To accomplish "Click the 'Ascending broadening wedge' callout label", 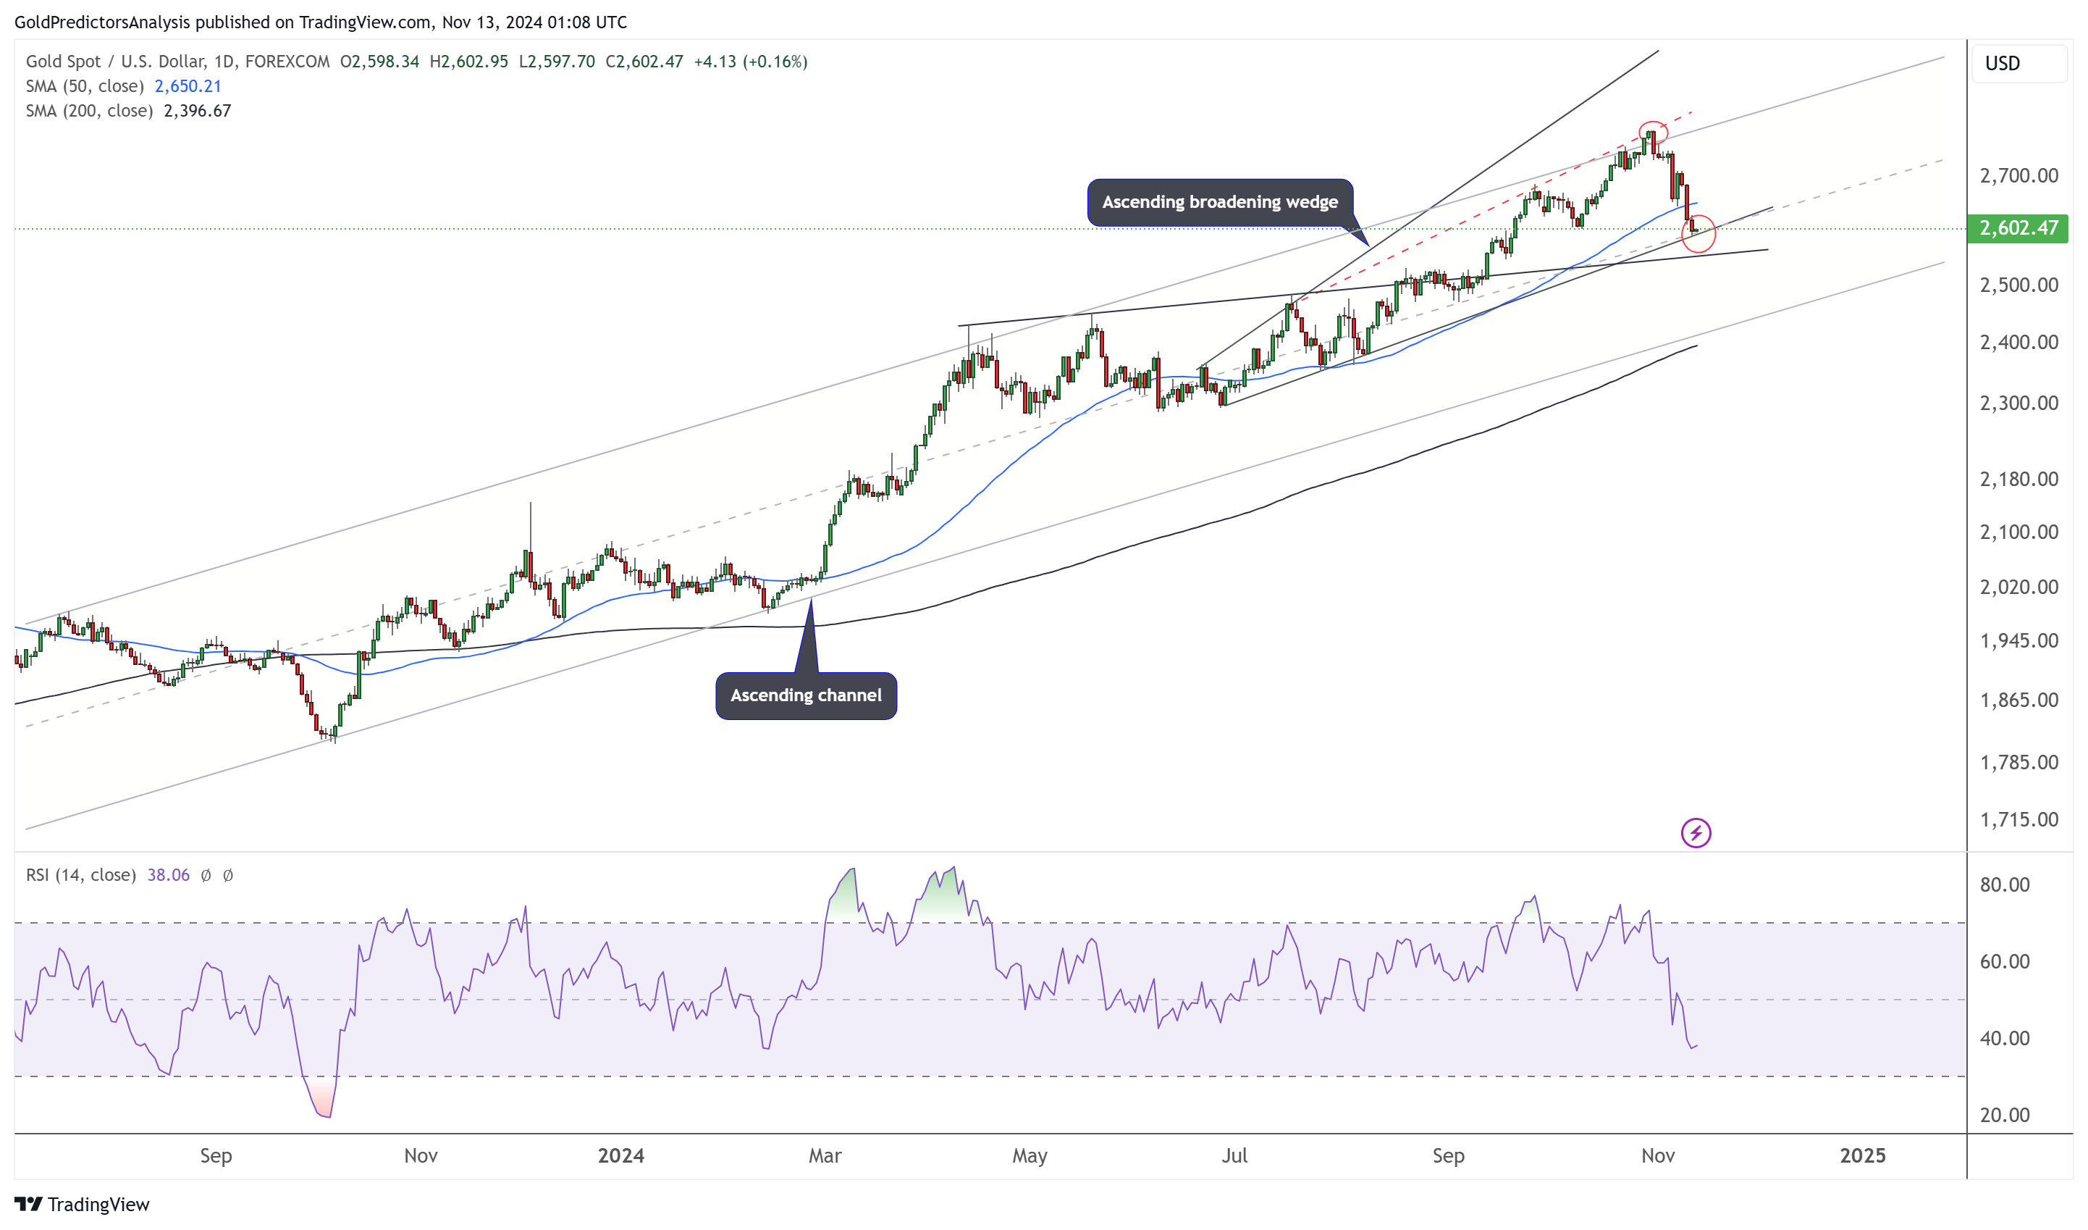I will tap(1220, 202).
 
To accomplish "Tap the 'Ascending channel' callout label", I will tap(805, 695).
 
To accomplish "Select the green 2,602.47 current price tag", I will tap(2017, 228).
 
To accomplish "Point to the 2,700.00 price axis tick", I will tap(2018, 176).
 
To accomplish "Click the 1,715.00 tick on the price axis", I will tap(2018, 820).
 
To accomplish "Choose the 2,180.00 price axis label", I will tap(2018, 479).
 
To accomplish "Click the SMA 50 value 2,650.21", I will tap(188, 86).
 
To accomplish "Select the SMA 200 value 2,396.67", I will tap(197, 111).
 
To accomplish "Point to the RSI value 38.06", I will tap(168, 875).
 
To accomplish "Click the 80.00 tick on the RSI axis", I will tap(2004, 884).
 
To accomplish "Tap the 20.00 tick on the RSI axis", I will tap(2004, 1115).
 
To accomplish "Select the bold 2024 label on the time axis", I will tap(620, 1155).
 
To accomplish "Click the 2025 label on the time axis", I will tap(1862, 1155).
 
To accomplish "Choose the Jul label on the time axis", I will tap(1234, 1155).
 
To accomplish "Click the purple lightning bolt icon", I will tap(1696, 833).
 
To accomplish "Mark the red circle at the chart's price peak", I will tap(1653, 132).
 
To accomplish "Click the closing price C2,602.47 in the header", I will tap(644, 62).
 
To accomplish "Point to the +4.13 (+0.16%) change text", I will tap(750, 62).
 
